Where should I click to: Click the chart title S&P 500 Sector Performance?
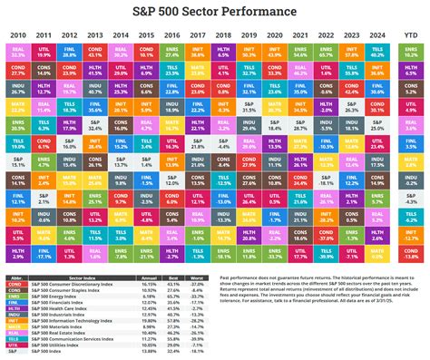pos(215,12)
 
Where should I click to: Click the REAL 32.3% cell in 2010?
pos(18,54)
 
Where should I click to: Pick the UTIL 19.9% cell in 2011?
pos(44,54)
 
